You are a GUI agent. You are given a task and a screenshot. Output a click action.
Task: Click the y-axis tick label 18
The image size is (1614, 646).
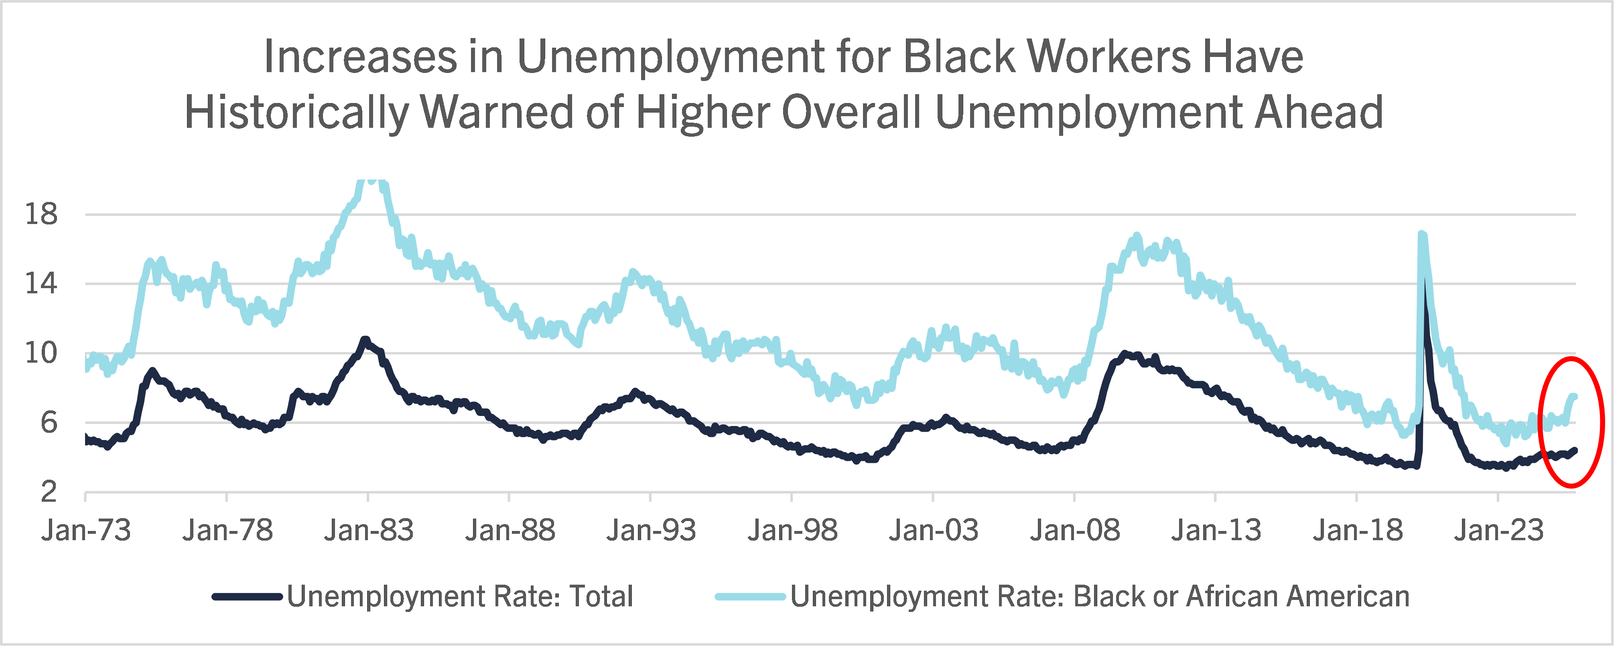41,215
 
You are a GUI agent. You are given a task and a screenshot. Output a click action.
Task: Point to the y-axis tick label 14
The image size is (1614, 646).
41,284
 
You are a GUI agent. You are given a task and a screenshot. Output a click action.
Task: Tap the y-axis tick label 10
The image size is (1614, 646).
41,354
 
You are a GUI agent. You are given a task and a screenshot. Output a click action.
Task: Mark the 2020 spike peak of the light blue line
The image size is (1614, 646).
1422,235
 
